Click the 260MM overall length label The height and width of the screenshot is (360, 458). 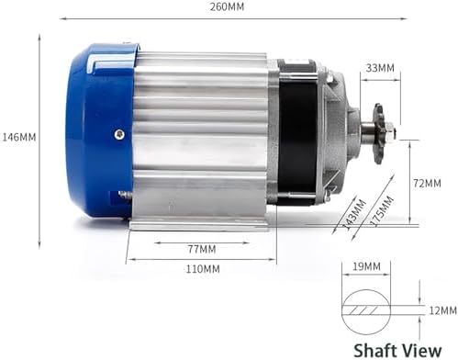point(227,6)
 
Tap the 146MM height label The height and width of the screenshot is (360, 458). point(19,137)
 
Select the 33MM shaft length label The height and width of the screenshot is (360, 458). point(380,68)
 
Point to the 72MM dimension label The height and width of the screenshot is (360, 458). point(427,183)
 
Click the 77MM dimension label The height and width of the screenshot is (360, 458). point(202,249)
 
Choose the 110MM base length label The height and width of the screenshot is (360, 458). point(203,269)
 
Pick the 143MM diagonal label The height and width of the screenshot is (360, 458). point(354,214)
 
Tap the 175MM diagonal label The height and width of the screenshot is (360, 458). point(381,211)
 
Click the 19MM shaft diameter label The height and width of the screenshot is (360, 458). point(367,266)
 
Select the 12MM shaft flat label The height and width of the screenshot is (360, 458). point(442,310)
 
